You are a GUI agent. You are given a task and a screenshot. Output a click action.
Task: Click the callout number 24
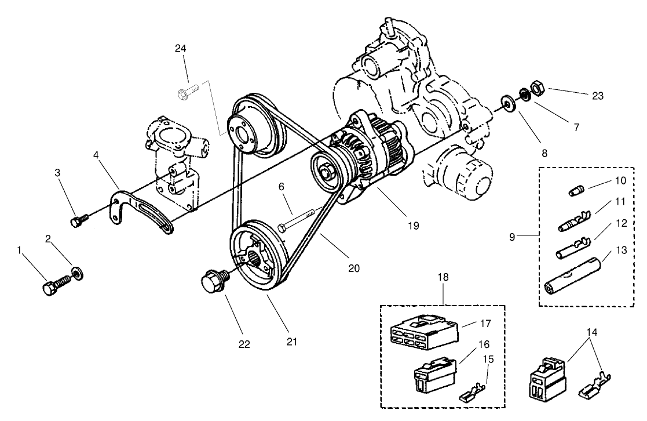[x=181, y=48]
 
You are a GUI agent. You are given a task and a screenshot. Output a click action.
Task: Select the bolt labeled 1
[x=56, y=285]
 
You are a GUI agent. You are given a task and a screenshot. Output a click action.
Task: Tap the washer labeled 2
[x=76, y=271]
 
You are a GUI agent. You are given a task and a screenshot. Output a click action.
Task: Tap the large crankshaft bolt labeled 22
[x=214, y=282]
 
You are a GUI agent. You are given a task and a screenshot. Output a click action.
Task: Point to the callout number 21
[x=291, y=342]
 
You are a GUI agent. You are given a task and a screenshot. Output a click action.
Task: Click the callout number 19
[x=412, y=224]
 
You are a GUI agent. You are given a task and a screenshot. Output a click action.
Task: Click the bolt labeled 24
[x=189, y=90]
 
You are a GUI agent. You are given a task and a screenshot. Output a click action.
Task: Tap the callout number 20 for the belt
[x=353, y=268]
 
